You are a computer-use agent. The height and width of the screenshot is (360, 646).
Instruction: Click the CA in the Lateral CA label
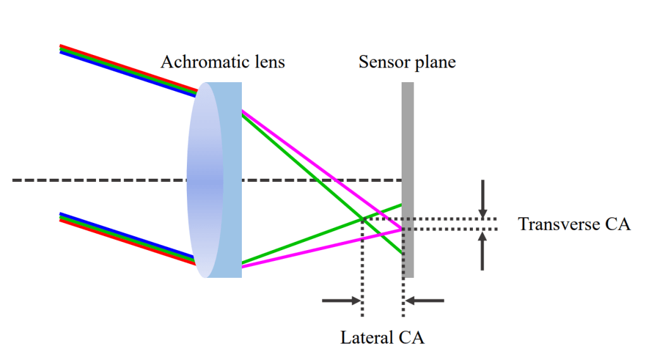pos(412,337)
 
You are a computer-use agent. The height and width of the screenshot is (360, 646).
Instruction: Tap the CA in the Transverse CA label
pos(618,224)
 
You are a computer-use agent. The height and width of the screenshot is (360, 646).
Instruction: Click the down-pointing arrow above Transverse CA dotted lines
pos(483,199)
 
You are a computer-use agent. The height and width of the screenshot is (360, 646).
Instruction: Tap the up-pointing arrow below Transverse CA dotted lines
pos(483,251)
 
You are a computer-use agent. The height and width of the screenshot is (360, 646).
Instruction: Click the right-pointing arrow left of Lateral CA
pos(342,301)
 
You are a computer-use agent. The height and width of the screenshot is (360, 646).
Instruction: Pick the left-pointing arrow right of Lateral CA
pos(424,301)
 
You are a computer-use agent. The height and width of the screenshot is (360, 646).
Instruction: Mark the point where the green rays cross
pos(362,219)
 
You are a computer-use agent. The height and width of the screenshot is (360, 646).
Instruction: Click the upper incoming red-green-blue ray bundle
pos(126,70)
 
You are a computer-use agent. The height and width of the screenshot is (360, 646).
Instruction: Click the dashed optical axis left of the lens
pos(95,181)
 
